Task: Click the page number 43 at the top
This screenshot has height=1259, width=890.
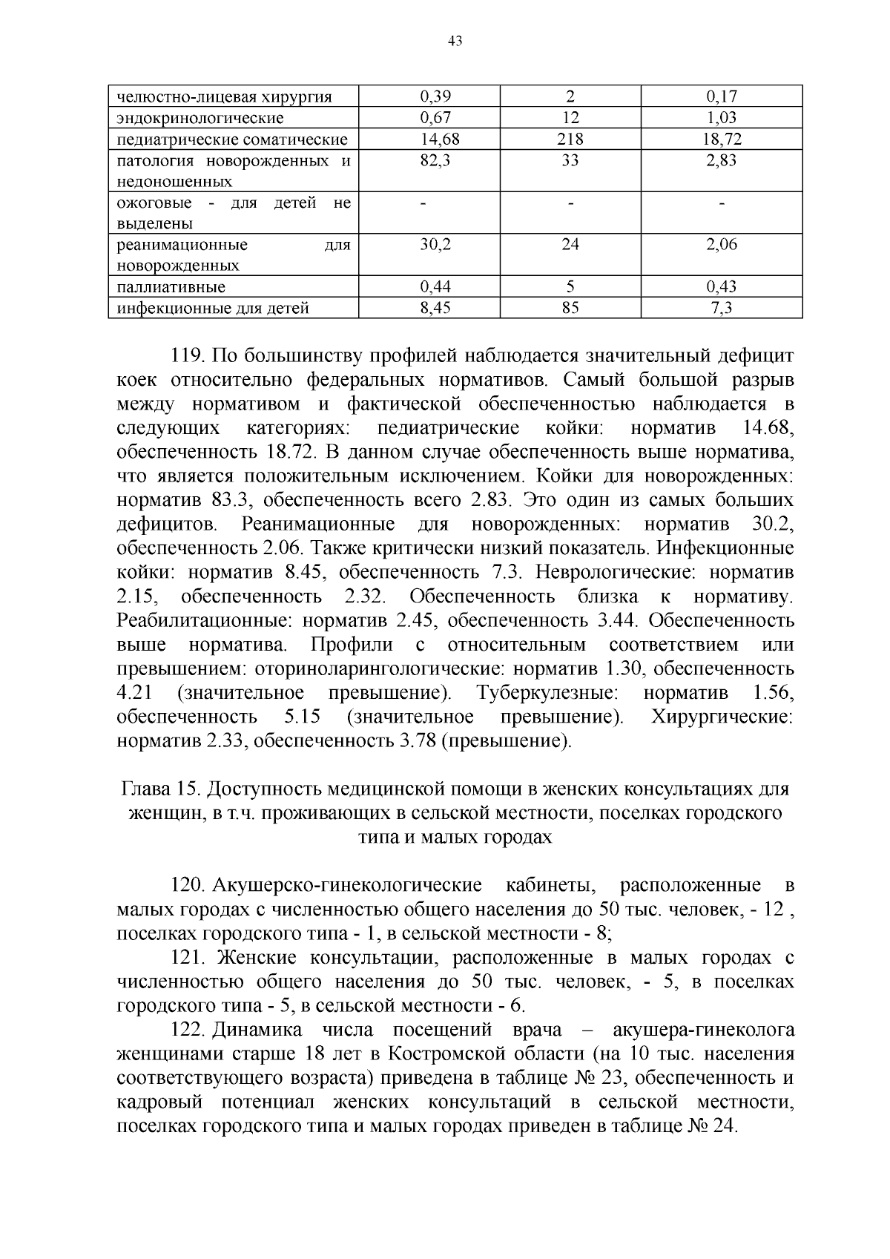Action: pyautogui.click(x=455, y=42)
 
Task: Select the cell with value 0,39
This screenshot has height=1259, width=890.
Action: pyautogui.click(x=435, y=96)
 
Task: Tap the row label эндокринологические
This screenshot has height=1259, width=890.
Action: pyautogui.click(x=200, y=118)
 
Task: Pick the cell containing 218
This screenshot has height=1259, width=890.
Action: pyautogui.click(x=570, y=139)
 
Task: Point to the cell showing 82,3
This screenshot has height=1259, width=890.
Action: pyautogui.click(x=435, y=160)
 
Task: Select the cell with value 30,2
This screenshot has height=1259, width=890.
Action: pyautogui.click(x=435, y=245)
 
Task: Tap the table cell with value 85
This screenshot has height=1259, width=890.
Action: pyautogui.click(x=570, y=308)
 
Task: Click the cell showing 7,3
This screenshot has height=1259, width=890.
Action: pyautogui.click(x=722, y=308)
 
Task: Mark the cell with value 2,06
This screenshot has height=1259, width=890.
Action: pyautogui.click(x=722, y=245)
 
